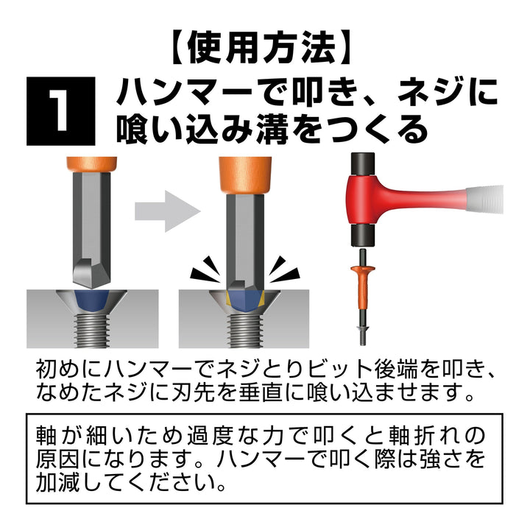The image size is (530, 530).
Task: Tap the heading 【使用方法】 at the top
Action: point(261,48)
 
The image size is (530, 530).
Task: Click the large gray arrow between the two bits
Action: point(168,211)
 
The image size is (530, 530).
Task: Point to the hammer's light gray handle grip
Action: point(485,199)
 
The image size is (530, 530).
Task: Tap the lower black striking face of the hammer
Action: point(363,236)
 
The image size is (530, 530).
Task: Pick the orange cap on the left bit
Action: point(91,165)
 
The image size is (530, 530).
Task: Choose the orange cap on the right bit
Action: point(245,176)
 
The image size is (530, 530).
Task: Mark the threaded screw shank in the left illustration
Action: point(92,331)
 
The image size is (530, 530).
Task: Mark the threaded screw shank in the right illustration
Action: point(244,331)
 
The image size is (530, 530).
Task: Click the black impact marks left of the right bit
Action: point(206,269)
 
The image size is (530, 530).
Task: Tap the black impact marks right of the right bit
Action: point(284,269)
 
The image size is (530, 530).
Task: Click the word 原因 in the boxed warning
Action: point(57,459)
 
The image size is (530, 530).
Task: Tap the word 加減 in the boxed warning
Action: point(57,482)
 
